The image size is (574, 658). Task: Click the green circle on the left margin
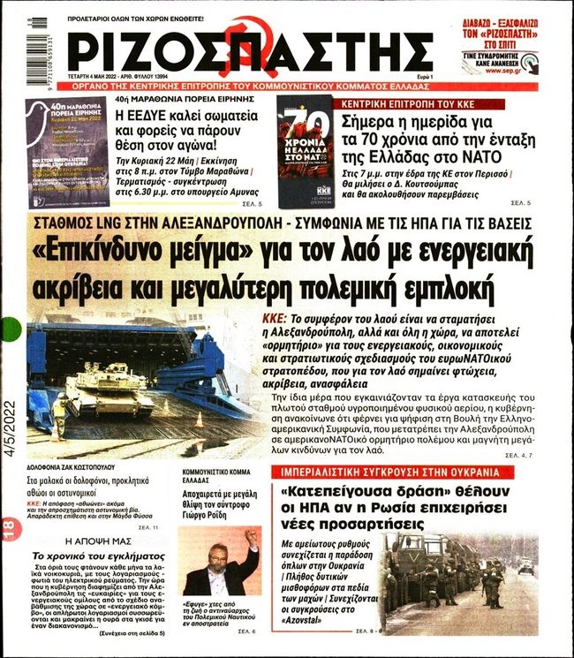click(x=10, y=330)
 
